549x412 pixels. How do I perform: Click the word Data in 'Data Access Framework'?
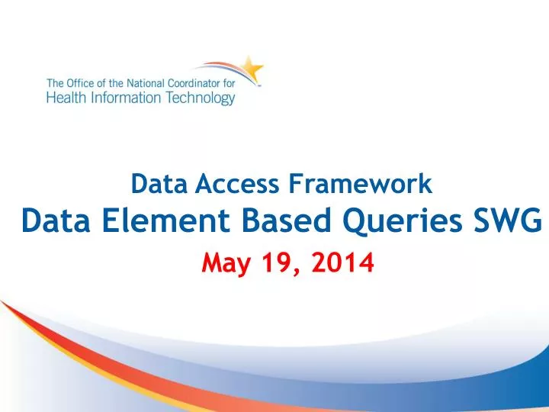click(x=152, y=183)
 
